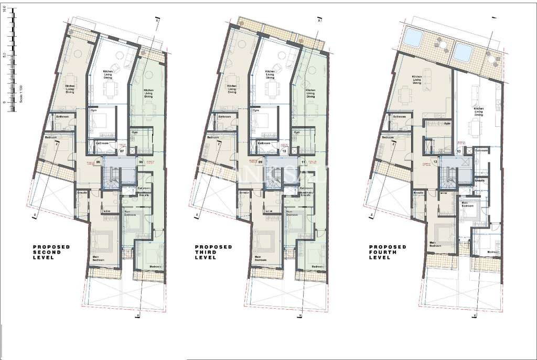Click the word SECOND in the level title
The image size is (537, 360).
(47, 252)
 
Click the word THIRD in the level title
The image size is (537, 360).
(207, 252)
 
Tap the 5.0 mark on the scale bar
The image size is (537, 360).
(4, 54)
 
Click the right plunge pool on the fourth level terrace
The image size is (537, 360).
(463, 51)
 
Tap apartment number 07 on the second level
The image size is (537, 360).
(122, 151)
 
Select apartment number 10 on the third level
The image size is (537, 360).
(284, 151)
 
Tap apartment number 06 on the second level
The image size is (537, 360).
(98, 162)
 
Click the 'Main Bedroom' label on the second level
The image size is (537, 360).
(98, 258)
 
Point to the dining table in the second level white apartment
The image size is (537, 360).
(111, 90)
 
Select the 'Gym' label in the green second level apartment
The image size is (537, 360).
(134, 133)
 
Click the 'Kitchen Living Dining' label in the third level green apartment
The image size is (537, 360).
(310, 93)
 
